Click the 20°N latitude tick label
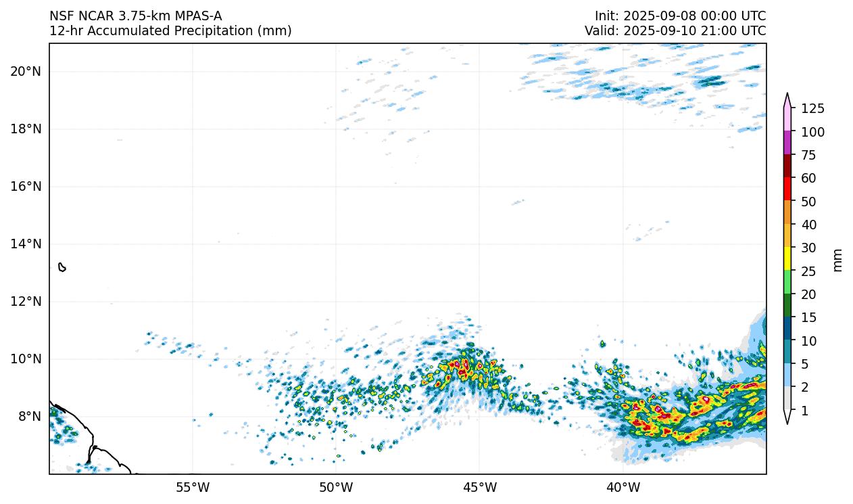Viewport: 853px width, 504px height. point(26,72)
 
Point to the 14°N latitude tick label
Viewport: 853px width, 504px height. point(26,244)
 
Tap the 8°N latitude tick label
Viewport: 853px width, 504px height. point(29,417)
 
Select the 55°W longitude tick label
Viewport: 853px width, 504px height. point(193,487)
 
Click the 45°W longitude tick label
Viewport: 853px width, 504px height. point(479,487)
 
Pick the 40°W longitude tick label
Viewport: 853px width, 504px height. point(623,487)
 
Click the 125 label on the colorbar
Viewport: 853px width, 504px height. point(812,109)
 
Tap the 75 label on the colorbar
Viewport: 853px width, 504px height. point(809,156)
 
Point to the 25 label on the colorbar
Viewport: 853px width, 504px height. point(809,271)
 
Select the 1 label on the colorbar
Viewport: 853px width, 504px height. point(804,411)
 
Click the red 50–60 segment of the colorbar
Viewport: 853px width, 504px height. point(787,189)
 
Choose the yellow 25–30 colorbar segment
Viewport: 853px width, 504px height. point(787,258)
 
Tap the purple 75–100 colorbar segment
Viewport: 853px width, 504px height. point(787,143)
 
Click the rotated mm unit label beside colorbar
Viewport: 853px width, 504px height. point(838,260)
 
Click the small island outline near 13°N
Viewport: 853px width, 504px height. point(62,267)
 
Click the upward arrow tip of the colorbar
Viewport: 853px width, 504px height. point(787,95)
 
